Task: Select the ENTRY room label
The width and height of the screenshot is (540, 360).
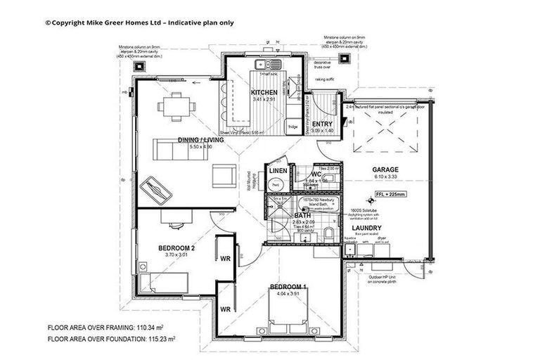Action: [x=322, y=124]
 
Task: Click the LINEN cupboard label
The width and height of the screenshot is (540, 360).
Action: [x=277, y=170]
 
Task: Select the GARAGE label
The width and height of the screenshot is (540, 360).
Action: [x=386, y=170]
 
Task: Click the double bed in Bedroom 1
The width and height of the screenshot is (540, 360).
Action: [x=288, y=311]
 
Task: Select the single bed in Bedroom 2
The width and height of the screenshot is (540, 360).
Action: [x=166, y=283]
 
